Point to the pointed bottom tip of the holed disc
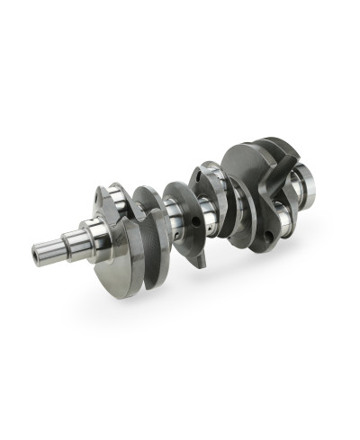tap(206, 266)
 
